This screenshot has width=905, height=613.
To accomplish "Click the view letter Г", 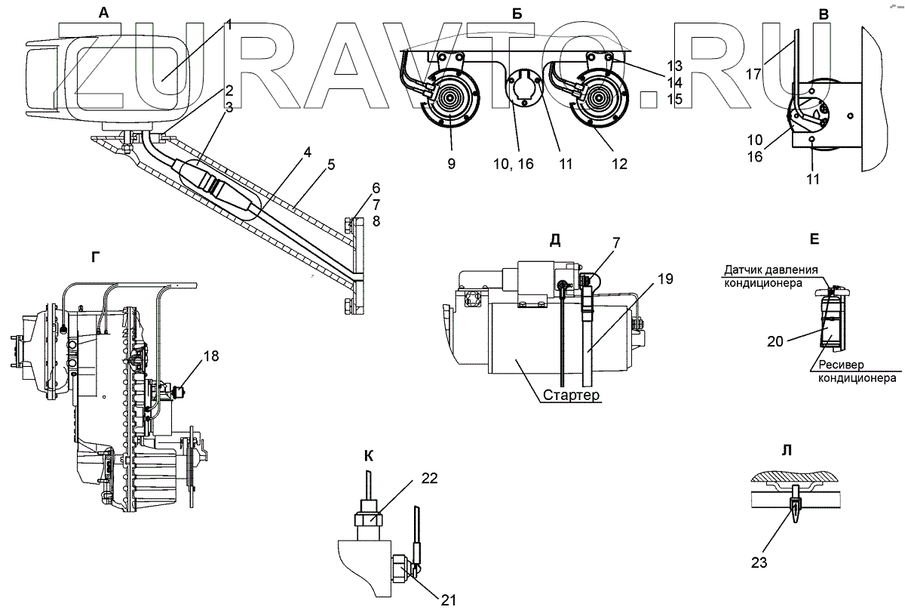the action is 94,257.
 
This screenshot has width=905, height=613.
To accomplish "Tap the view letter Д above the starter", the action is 555,240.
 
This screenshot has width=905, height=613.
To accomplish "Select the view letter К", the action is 368,455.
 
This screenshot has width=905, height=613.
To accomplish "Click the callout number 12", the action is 619,163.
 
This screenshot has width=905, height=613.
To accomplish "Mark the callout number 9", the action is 450,162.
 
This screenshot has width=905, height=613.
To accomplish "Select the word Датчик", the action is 747,270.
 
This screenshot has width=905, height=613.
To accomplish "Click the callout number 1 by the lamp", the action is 228,24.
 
